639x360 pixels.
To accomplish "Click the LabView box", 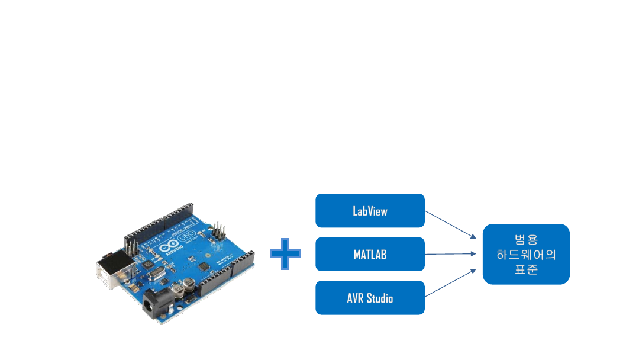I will point(370,211).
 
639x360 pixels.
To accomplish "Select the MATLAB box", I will point(370,255).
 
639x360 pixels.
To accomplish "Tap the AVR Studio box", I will point(370,298).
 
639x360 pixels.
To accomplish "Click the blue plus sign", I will point(285,254).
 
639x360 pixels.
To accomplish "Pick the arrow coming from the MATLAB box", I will point(450,254).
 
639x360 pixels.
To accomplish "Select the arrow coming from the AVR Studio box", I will point(450,284).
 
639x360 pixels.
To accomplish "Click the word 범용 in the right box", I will point(526,240).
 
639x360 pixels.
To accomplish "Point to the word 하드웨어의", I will point(526,255).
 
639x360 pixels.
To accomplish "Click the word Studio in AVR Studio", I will point(379,298).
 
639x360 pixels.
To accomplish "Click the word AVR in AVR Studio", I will point(356,298).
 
